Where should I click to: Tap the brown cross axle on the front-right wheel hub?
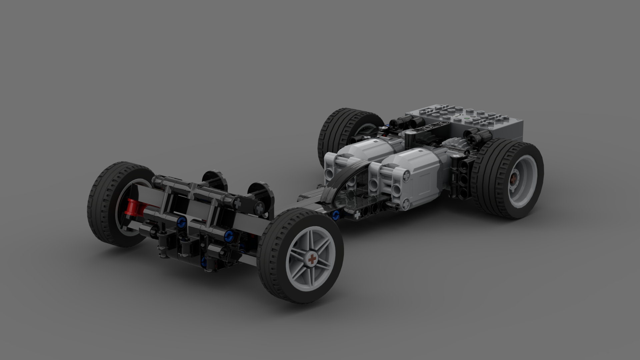pos(312,259)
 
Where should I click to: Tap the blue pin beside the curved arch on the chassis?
pos(336,215)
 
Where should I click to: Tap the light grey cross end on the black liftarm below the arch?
pos(357,215)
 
